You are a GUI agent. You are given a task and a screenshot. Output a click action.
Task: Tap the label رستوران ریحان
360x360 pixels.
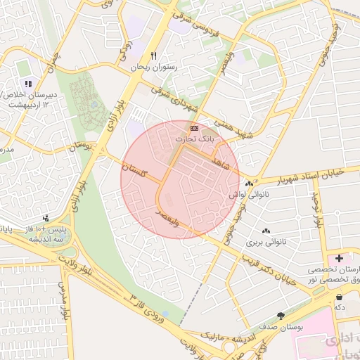(x=155, y=68)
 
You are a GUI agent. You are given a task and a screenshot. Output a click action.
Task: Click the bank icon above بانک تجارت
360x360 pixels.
(x=194, y=128)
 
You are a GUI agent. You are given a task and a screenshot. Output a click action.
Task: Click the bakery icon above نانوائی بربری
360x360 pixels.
(x=266, y=231)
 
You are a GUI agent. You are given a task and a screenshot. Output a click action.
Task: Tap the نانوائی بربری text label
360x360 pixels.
(x=266, y=242)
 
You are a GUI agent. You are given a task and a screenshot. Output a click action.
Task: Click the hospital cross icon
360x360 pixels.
(x=340, y=259)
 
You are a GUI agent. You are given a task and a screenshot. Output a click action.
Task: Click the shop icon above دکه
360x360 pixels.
(x=340, y=297)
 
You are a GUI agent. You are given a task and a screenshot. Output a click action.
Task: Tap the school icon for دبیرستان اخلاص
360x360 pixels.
(x=28, y=83)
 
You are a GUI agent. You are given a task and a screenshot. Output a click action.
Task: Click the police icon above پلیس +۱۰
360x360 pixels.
(x=46, y=219)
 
